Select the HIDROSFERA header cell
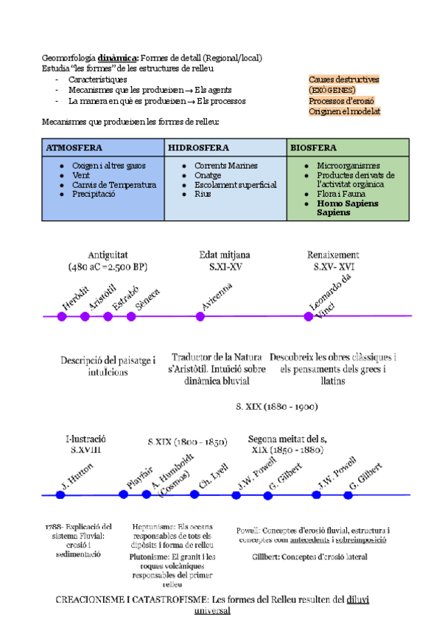(198, 147)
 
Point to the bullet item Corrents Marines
(225, 166)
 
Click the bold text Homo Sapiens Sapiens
(344, 207)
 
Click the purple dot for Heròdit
(62, 317)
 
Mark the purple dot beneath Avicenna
(200, 317)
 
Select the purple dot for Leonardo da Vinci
(309, 317)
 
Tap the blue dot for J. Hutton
(60, 495)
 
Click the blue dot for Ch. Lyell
(195, 495)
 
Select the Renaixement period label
(333, 254)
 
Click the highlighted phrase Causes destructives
(344, 79)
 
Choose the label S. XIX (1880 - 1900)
(276, 406)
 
